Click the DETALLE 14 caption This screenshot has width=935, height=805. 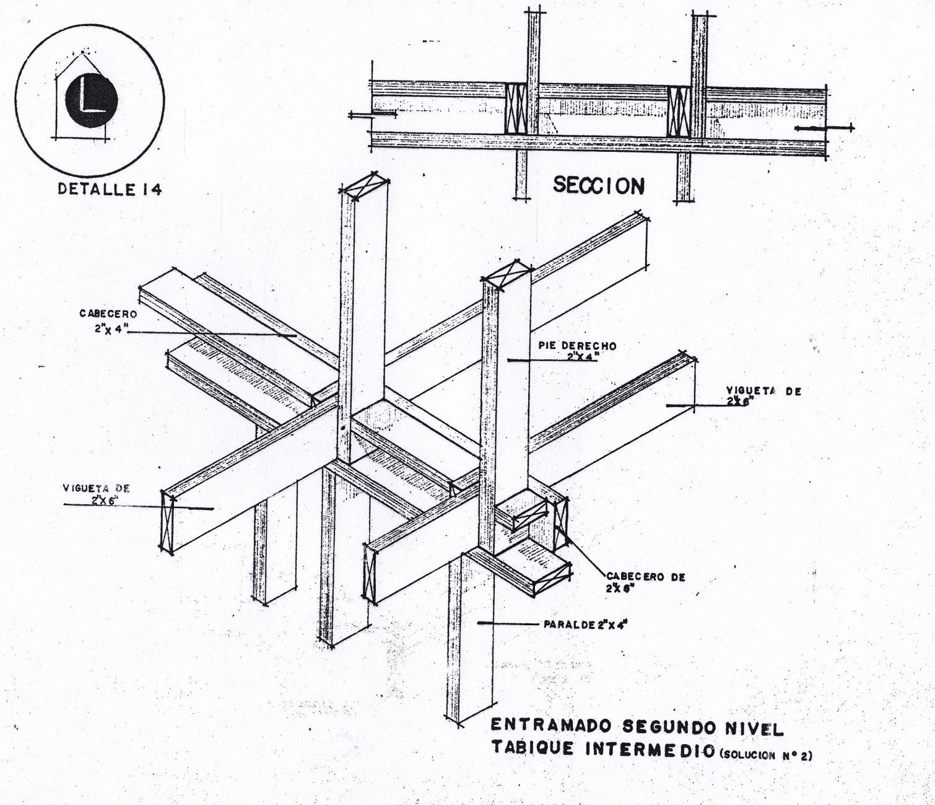(110, 189)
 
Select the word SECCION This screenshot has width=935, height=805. (598, 185)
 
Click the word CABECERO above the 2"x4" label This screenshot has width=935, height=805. (108, 314)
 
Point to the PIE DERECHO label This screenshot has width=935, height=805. (582, 346)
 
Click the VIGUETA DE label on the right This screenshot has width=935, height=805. (763, 391)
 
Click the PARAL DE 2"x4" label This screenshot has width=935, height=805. (585, 625)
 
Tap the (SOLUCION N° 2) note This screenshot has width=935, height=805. (766, 755)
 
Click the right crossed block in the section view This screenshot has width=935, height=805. (679, 110)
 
